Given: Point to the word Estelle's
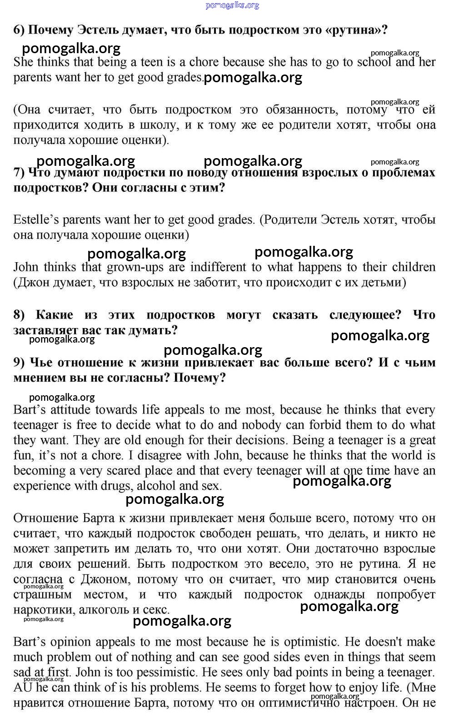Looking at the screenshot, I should coord(36,220).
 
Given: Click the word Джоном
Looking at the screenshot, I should coord(105,579).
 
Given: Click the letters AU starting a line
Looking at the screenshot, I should coord(22,687).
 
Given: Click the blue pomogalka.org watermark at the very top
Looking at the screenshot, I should coord(232,5).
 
